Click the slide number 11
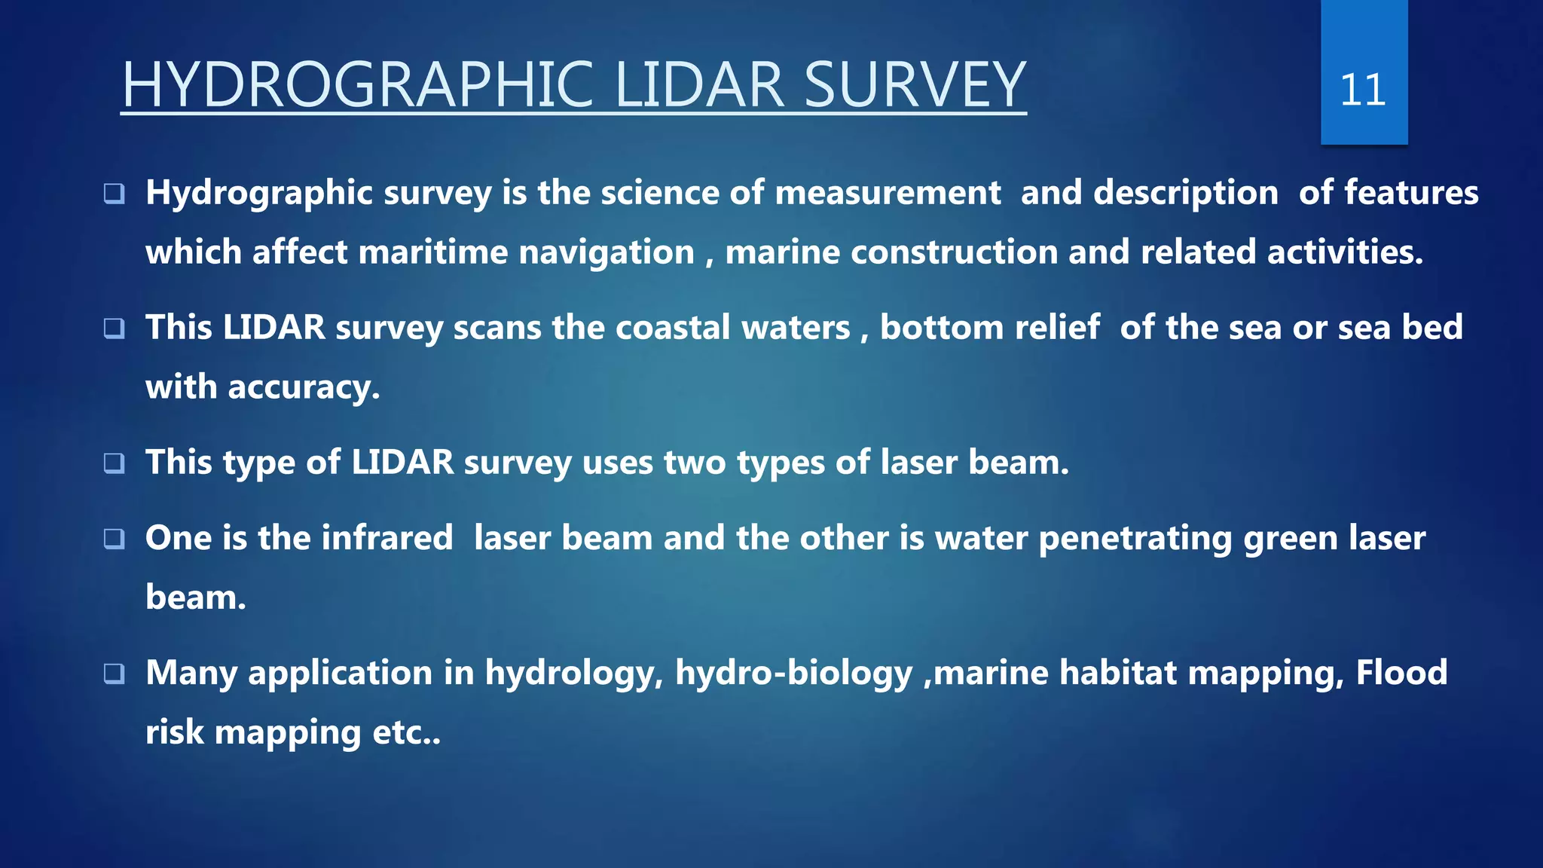[x=1362, y=90]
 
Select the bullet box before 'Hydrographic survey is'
[x=114, y=194]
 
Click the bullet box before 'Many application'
[x=114, y=673]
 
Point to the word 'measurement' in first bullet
[x=888, y=193]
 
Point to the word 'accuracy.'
[x=304, y=388]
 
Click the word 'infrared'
[x=387, y=538]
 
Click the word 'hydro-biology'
[x=793, y=674]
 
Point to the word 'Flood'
[x=1401, y=672]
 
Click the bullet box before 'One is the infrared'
[x=114, y=538]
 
